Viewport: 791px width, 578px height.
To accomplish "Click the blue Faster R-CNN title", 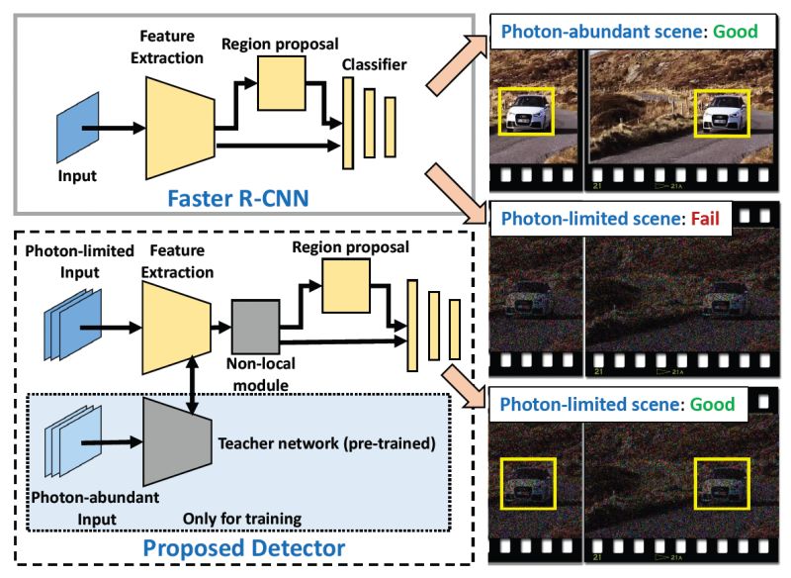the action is (x=237, y=198).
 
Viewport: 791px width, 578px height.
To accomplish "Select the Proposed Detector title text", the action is (x=244, y=548).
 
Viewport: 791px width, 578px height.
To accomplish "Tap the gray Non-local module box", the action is (x=255, y=327).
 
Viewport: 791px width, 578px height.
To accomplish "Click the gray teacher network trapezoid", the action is (x=177, y=442).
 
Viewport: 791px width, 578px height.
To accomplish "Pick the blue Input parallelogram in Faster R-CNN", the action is (x=78, y=128).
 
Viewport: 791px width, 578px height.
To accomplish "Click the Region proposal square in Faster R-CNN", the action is (x=282, y=83).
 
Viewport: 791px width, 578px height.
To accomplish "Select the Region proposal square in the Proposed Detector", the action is (x=346, y=286).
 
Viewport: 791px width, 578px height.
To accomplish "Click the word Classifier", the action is (x=375, y=64).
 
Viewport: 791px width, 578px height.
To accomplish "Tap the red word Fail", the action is (x=705, y=219).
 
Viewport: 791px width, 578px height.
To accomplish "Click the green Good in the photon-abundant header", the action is (x=735, y=32).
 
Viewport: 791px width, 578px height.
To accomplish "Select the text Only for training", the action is (x=242, y=519).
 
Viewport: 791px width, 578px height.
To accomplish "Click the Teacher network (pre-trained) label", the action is (x=327, y=443).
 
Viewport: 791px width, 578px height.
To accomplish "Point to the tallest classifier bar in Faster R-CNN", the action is (x=348, y=123).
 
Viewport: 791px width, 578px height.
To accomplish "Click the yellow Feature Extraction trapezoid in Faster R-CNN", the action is (x=180, y=129).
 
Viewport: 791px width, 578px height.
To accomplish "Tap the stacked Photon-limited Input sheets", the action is (x=73, y=325).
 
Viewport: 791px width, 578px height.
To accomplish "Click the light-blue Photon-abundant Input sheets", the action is (x=73, y=441).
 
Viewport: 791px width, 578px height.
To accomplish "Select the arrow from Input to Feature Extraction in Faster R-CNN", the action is (x=114, y=129).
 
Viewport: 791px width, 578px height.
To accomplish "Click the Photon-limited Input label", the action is (x=80, y=261).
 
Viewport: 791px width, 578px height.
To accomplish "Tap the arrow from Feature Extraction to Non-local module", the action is (x=220, y=328).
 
